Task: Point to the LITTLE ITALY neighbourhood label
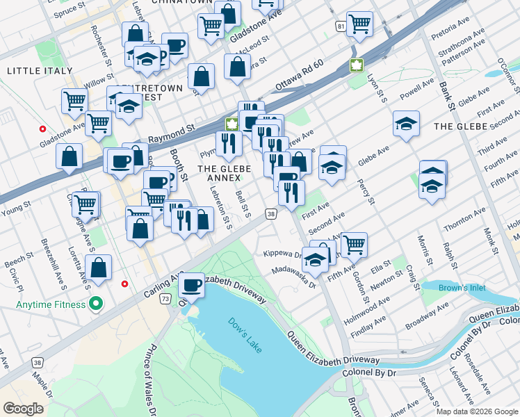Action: click(39, 71)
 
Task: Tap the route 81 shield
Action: click(339, 26)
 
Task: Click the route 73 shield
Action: click(165, 298)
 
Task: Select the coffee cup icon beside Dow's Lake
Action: click(191, 284)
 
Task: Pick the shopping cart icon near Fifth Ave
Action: click(354, 244)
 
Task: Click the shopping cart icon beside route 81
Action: click(359, 24)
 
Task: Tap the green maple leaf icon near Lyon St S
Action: click(357, 66)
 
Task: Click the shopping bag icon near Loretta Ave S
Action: click(99, 267)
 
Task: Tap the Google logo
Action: click(24, 409)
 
